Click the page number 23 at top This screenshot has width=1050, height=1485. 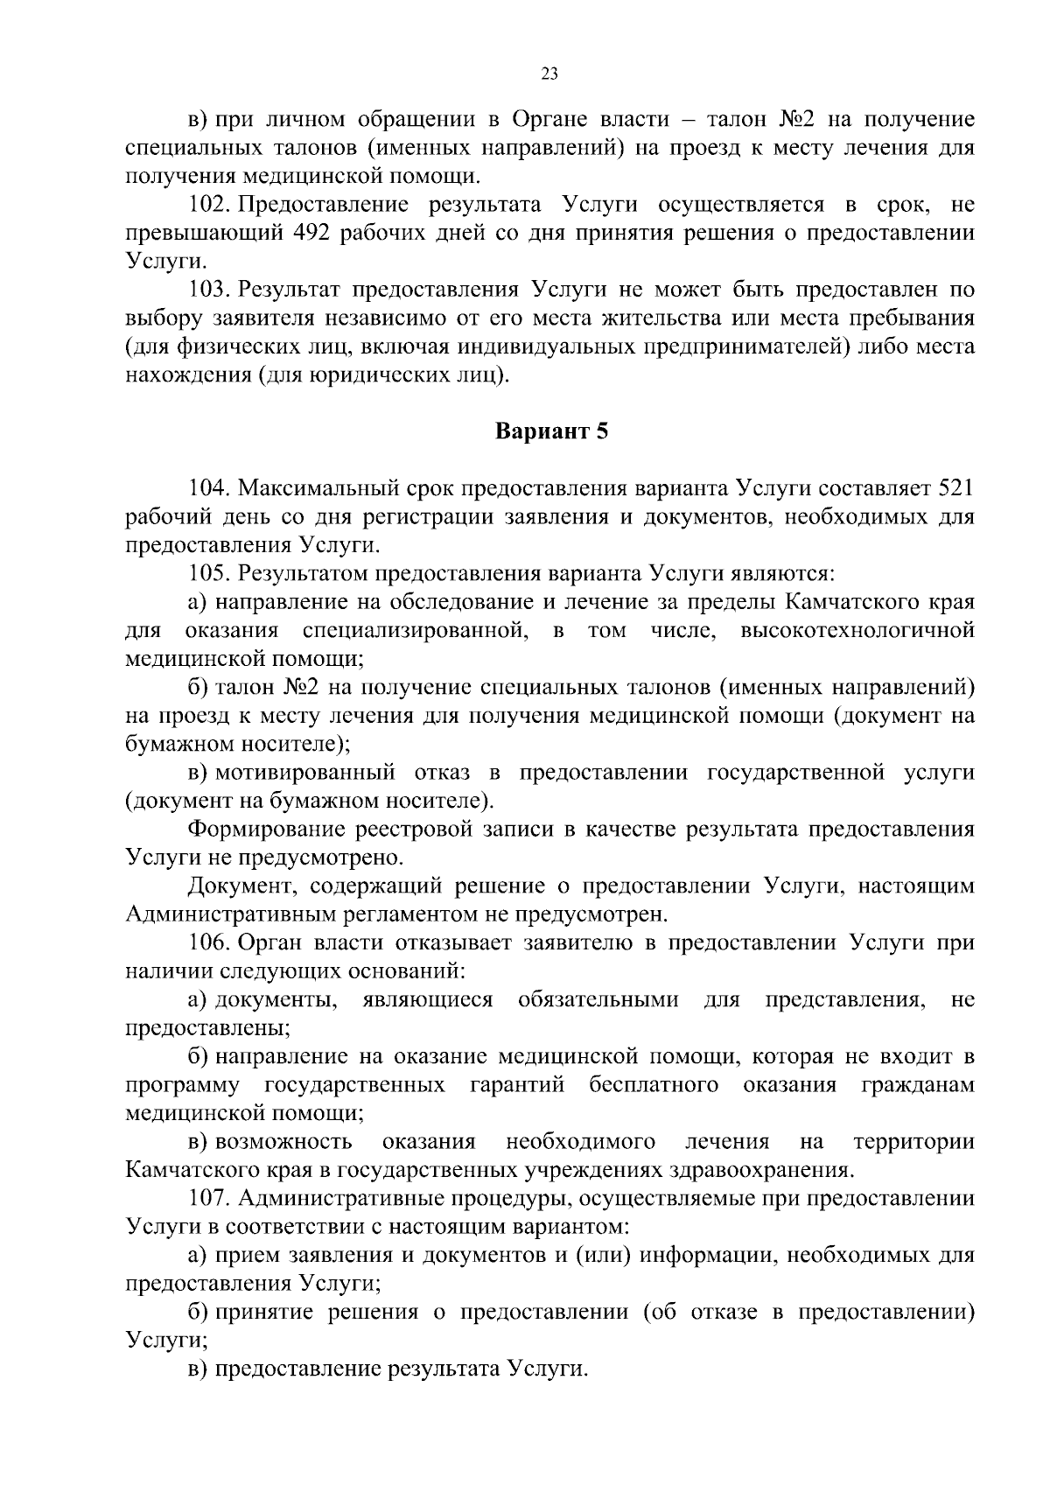[x=549, y=74]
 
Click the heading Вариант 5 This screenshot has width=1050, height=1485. [x=551, y=431]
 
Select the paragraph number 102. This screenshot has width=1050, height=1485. [x=208, y=205]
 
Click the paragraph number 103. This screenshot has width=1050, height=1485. [x=208, y=290]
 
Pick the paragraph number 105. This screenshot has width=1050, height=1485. [x=208, y=573]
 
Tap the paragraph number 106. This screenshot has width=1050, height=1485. [x=208, y=943]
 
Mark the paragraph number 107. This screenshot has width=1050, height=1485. [x=208, y=1197]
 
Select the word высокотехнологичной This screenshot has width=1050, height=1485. [x=857, y=630]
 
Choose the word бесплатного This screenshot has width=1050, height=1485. [x=654, y=1085]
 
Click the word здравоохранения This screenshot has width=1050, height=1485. [x=760, y=1170]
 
